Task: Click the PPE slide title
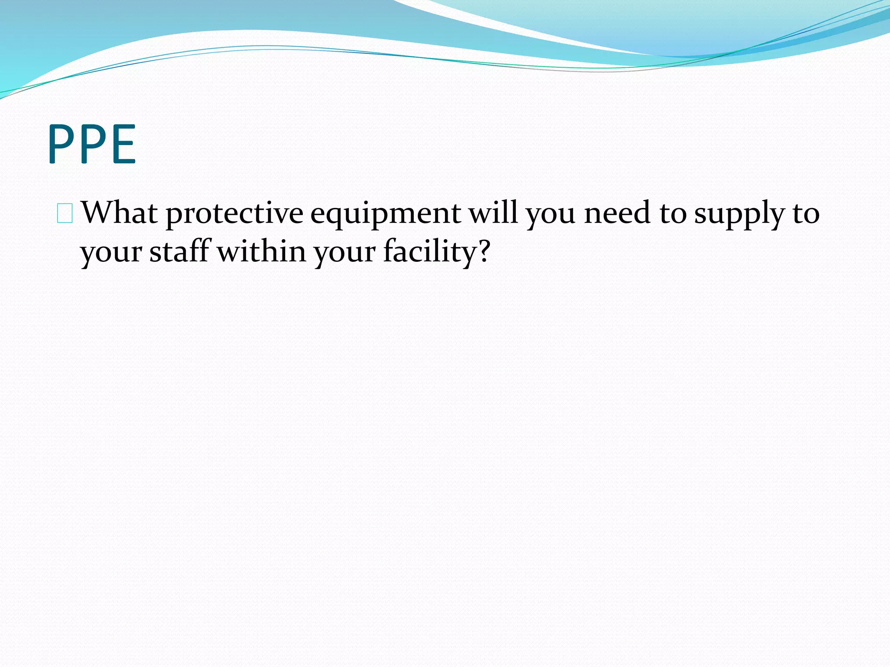pos(92,144)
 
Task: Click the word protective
pos(234,214)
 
